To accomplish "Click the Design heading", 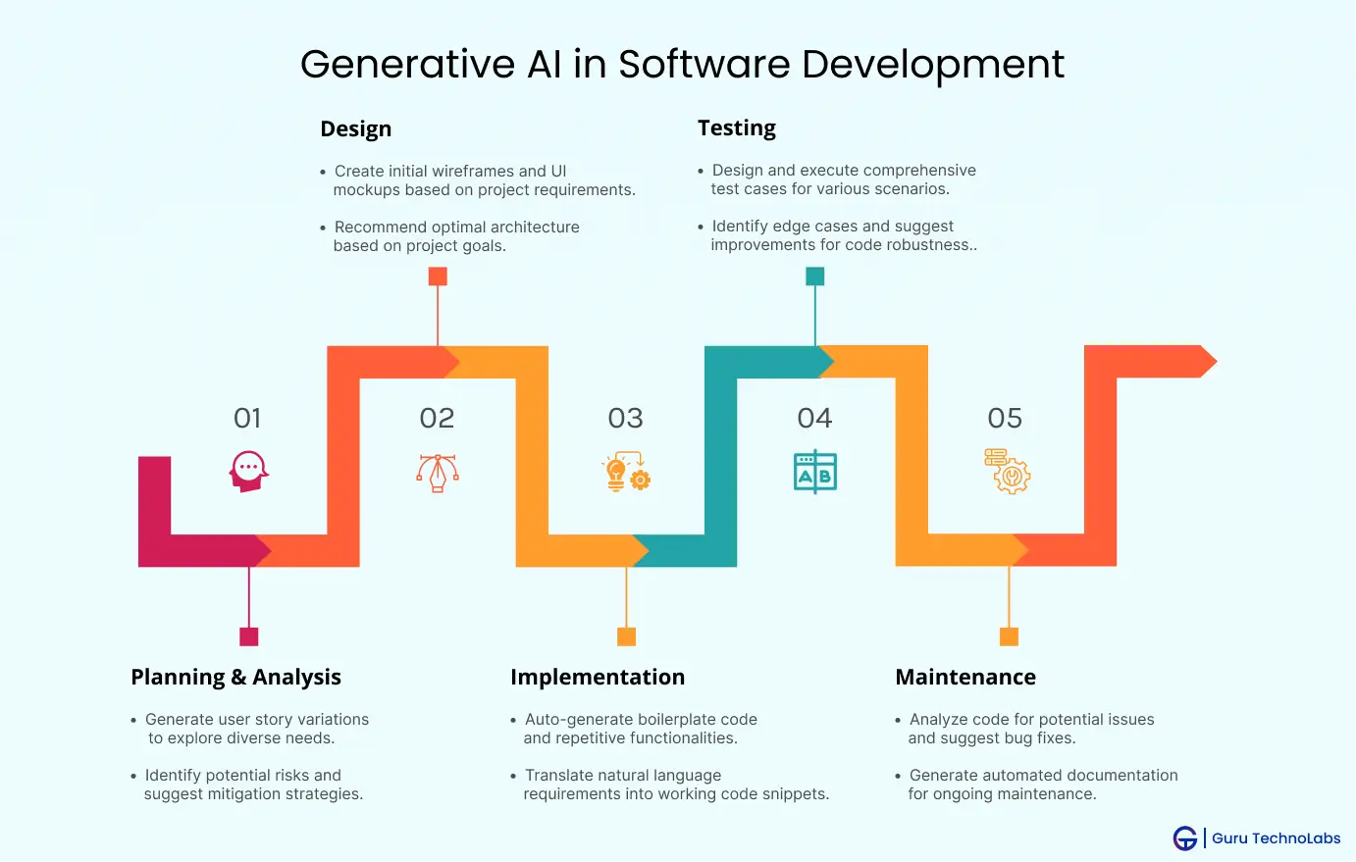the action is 355,128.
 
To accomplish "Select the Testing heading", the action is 736,128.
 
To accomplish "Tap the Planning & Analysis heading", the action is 235,677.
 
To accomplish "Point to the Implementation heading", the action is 598,677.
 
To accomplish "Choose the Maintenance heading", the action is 965,677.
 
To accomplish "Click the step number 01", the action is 247,418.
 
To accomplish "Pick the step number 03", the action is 625,418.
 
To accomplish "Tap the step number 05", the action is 1005,418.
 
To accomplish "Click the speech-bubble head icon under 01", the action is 249,472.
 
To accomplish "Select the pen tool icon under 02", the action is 437,473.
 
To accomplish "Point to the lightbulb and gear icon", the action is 627,472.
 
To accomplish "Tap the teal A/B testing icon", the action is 815,472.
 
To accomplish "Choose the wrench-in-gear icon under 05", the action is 1008,472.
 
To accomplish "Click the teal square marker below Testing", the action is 814,277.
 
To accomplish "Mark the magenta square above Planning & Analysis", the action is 249,637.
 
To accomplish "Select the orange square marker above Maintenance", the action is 1009,637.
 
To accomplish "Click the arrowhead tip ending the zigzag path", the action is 1217,361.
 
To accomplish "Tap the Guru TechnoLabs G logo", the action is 1184,838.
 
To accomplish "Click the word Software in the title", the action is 704,64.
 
